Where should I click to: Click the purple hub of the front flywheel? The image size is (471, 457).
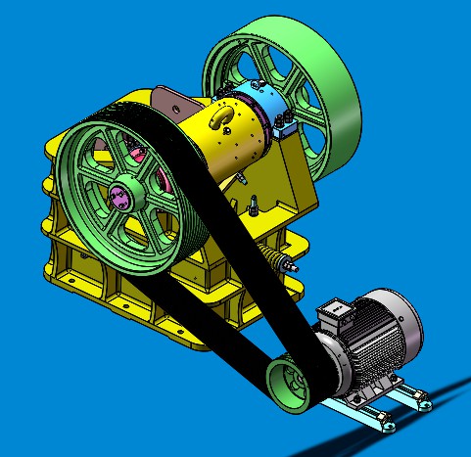(x=123, y=193)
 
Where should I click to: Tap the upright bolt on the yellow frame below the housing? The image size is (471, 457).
(x=252, y=207)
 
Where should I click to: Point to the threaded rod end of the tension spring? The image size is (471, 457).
(x=288, y=263)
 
